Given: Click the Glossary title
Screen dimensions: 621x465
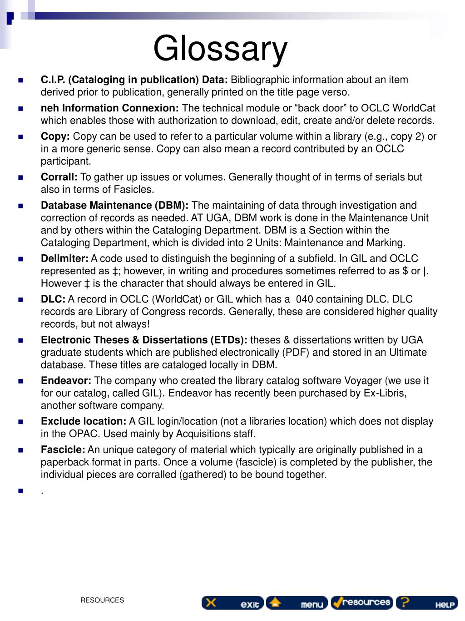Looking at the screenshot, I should coord(220,49).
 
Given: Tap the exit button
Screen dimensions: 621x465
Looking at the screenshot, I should coord(232,603).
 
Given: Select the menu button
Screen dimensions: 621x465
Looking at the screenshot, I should coord(297,603).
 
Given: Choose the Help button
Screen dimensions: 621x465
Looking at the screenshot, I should coord(427,603).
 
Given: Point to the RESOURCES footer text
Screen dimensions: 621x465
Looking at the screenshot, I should coord(102,600).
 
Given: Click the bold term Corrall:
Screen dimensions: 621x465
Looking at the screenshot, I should coord(59,177).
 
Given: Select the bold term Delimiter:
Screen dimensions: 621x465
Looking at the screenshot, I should coord(64,258).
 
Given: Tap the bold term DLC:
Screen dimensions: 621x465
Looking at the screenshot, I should coord(53,299).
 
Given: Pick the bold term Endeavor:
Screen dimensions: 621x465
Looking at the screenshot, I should coord(66,380).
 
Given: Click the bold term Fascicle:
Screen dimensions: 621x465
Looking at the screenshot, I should coord(63,449).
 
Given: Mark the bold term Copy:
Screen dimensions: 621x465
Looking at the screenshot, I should coord(55,136).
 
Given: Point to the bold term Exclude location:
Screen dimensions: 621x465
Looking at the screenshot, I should coord(84,421).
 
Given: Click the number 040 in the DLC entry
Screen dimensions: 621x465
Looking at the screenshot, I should coord(304,299).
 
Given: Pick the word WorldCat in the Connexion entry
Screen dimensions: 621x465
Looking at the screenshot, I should coord(413,108).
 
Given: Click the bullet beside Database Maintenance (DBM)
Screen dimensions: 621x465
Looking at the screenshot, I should coord(20,206).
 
